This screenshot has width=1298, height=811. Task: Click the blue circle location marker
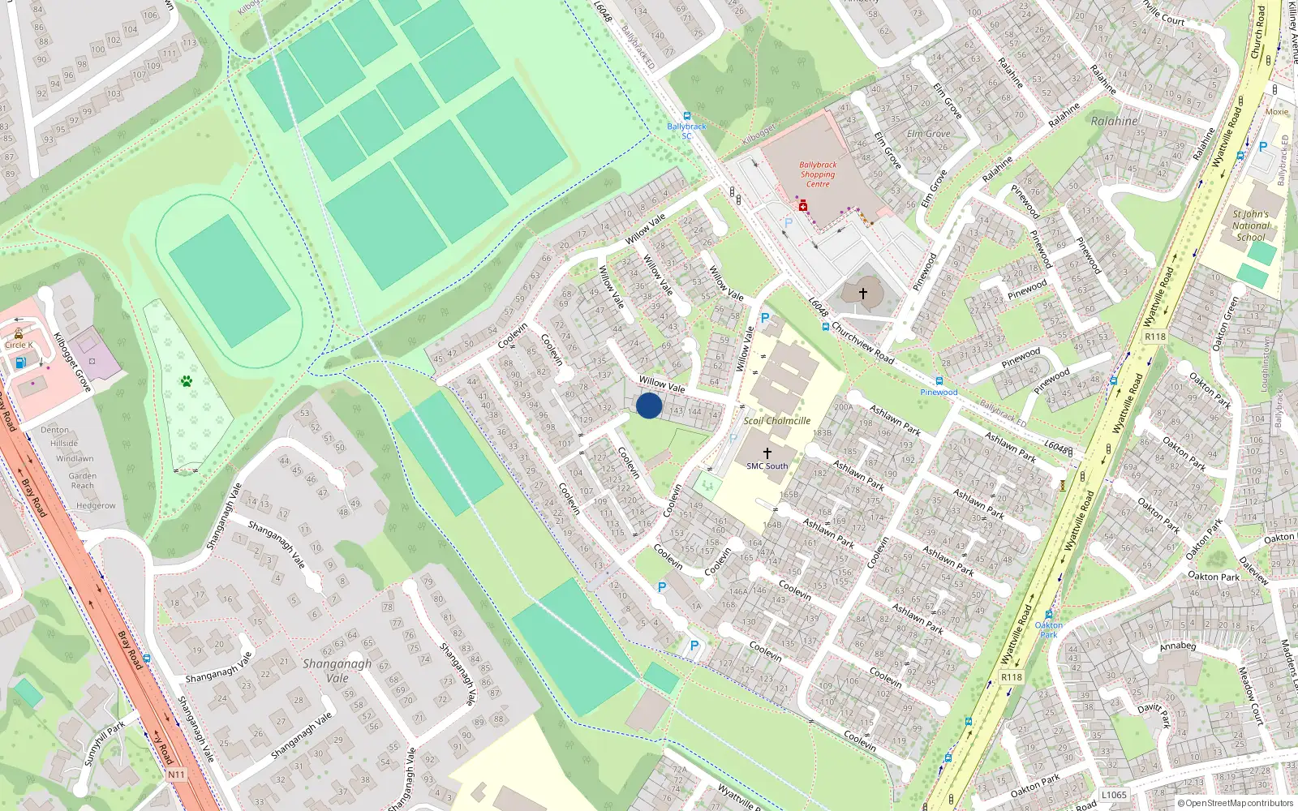(649, 405)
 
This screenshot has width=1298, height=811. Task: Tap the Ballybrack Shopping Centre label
(818, 174)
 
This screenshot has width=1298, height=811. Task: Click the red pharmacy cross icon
(803, 207)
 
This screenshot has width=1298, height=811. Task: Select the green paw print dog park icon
(187, 380)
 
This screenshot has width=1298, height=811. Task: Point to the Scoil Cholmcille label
(776, 421)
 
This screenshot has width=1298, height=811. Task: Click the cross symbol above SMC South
(767, 453)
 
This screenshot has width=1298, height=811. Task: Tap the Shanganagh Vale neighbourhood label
(337, 671)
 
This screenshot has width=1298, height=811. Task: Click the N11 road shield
(176, 775)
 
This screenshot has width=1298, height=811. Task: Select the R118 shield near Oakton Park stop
(1011, 677)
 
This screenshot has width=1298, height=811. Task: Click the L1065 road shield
(1114, 795)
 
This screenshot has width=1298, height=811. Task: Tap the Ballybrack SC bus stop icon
(687, 116)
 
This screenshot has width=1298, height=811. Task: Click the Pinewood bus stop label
(939, 393)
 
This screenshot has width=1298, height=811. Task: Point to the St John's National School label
(1250, 225)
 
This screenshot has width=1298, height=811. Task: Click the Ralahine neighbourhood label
(1114, 121)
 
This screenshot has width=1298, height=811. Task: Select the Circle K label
(19, 345)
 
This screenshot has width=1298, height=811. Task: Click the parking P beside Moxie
(1262, 147)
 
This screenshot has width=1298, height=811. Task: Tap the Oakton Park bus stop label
(1048, 629)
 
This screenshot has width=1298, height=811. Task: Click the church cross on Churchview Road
(862, 293)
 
